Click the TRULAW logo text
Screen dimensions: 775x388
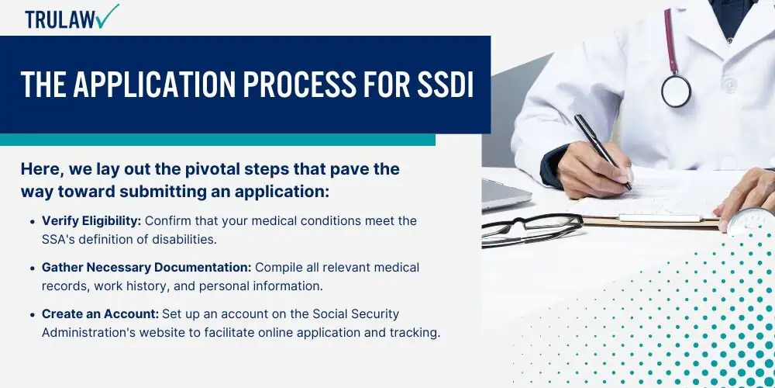pos(60,19)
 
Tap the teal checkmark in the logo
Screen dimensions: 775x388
pos(108,16)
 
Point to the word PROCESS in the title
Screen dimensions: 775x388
pos(299,85)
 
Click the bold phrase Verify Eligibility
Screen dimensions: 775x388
pos(91,220)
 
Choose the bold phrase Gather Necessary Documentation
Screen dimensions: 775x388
pos(146,268)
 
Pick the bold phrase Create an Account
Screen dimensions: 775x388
pos(100,314)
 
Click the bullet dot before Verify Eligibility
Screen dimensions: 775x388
pos(33,221)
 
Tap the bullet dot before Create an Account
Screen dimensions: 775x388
pos(33,315)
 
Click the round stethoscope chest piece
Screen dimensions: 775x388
pos(676,92)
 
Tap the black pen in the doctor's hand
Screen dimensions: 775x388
pos(603,152)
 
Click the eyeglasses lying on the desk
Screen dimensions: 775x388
pos(532,229)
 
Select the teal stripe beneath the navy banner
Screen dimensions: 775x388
pos(218,140)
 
